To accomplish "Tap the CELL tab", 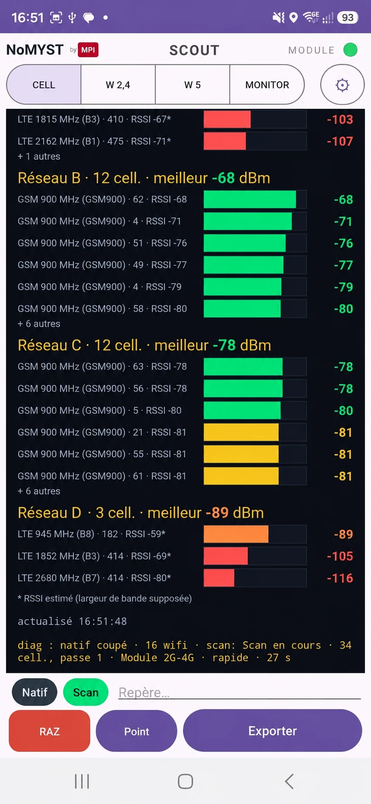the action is click(44, 84).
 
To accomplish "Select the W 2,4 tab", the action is click(118, 84).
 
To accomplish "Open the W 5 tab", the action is click(192, 84).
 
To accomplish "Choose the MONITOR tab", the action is click(267, 84).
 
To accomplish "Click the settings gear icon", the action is click(343, 85).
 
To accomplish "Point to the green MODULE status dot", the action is click(350, 50).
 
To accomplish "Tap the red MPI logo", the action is click(88, 50).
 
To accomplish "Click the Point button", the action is click(136, 731).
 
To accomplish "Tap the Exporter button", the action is click(273, 731).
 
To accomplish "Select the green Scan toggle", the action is click(86, 693).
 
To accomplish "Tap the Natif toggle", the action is click(34, 693).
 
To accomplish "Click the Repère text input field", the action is click(239, 693).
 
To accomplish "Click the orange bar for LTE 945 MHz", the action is click(236, 534).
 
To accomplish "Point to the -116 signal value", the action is click(340, 578).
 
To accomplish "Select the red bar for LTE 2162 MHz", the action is click(225, 141).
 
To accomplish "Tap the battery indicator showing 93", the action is click(347, 17).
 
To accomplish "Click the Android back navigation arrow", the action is click(289, 781).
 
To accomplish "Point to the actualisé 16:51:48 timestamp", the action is click(72, 621).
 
